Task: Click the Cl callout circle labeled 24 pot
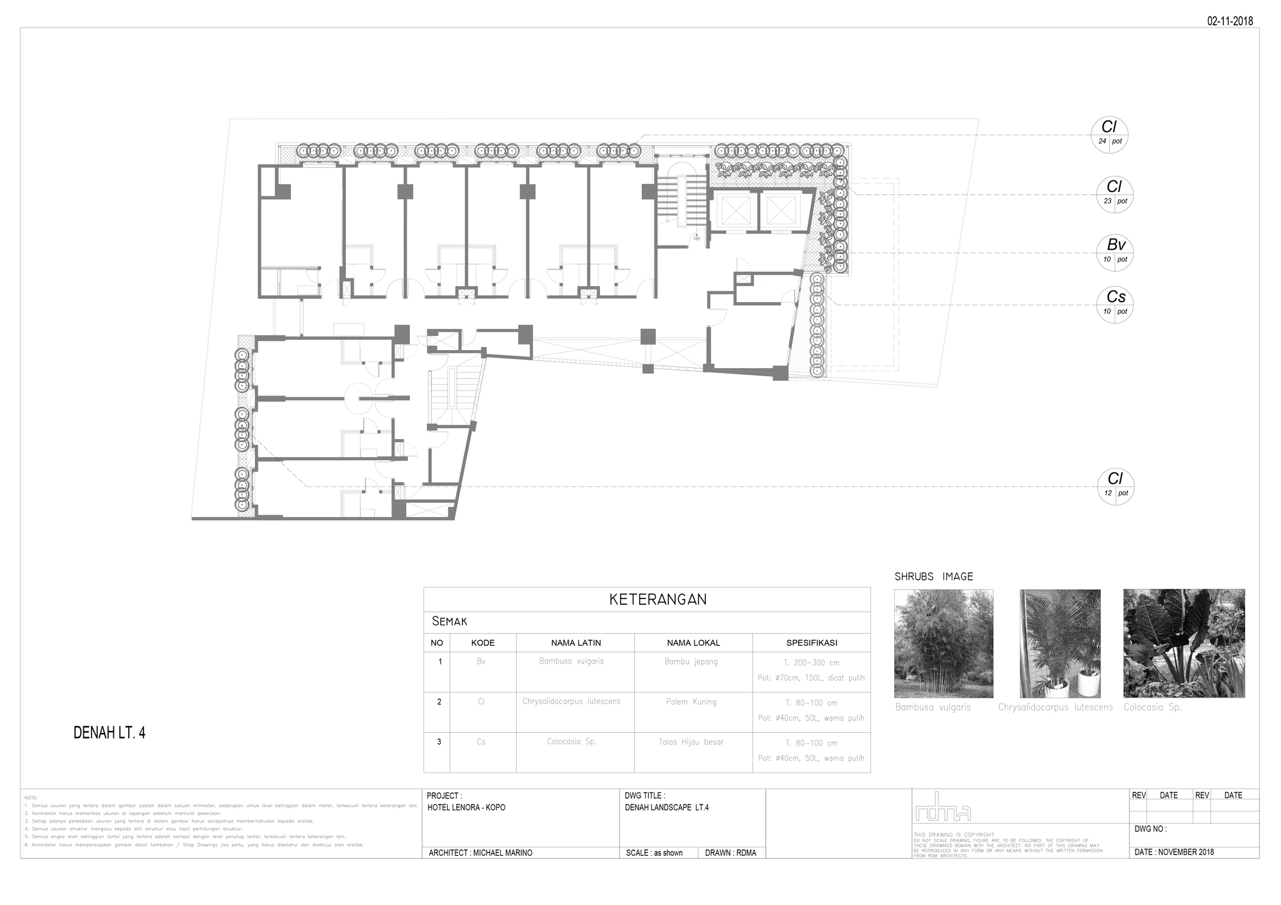[x=1109, y=134]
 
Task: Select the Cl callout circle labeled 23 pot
[x=1114, y=194]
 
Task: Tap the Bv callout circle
[x=1115, y=252]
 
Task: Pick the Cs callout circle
[x=1115, y=304]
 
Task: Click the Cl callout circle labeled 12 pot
[x=1115, y=486]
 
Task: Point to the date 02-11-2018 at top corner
[x=1230, y=21]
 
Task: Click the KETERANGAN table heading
[x=657, y=600]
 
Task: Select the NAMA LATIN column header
[x=575, y=643]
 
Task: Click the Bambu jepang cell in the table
[x=691, y=662]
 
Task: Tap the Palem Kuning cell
[x=691, y=701]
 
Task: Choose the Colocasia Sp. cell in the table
[x=571, y=742]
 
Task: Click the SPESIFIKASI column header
[x=811, y=643]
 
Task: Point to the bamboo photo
[x=943, y=643]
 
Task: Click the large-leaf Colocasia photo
[x=1184, y=643]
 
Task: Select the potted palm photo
[x=1059, y=643]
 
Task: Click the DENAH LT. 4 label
[x=110, y=733]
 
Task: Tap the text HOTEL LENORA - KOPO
[x=466, y=808]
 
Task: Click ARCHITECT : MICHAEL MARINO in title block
[x=480, y=853]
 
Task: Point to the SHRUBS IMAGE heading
[x=934, y=577]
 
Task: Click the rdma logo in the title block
[x=943, y=808]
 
